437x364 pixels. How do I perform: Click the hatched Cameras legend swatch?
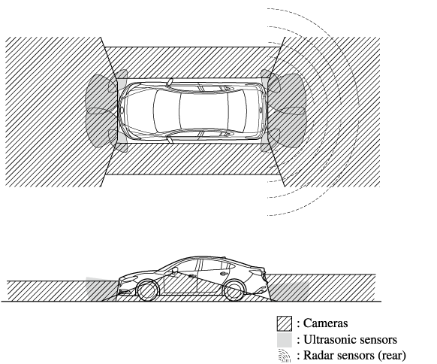tap(285, 323)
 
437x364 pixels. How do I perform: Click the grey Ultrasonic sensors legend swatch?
tap(285, 340)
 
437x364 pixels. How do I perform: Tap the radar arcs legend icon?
tap(285, 356)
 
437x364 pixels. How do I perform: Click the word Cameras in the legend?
tap(325, 323)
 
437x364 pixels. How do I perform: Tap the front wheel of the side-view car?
tap(148, 291)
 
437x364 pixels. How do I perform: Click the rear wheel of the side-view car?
tap(234, 291)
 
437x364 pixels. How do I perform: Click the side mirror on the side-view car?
tap(175, 270)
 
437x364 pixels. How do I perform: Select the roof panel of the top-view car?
tap(203, 111)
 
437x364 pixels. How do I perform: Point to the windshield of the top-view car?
tap(167, 111)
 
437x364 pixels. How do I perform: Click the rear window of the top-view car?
tap(237, 111)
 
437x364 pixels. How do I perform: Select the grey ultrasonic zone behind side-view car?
tap(290, 292)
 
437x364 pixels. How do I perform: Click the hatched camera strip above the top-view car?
tap(192, 62)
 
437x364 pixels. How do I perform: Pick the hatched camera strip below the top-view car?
tap(192, 159)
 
